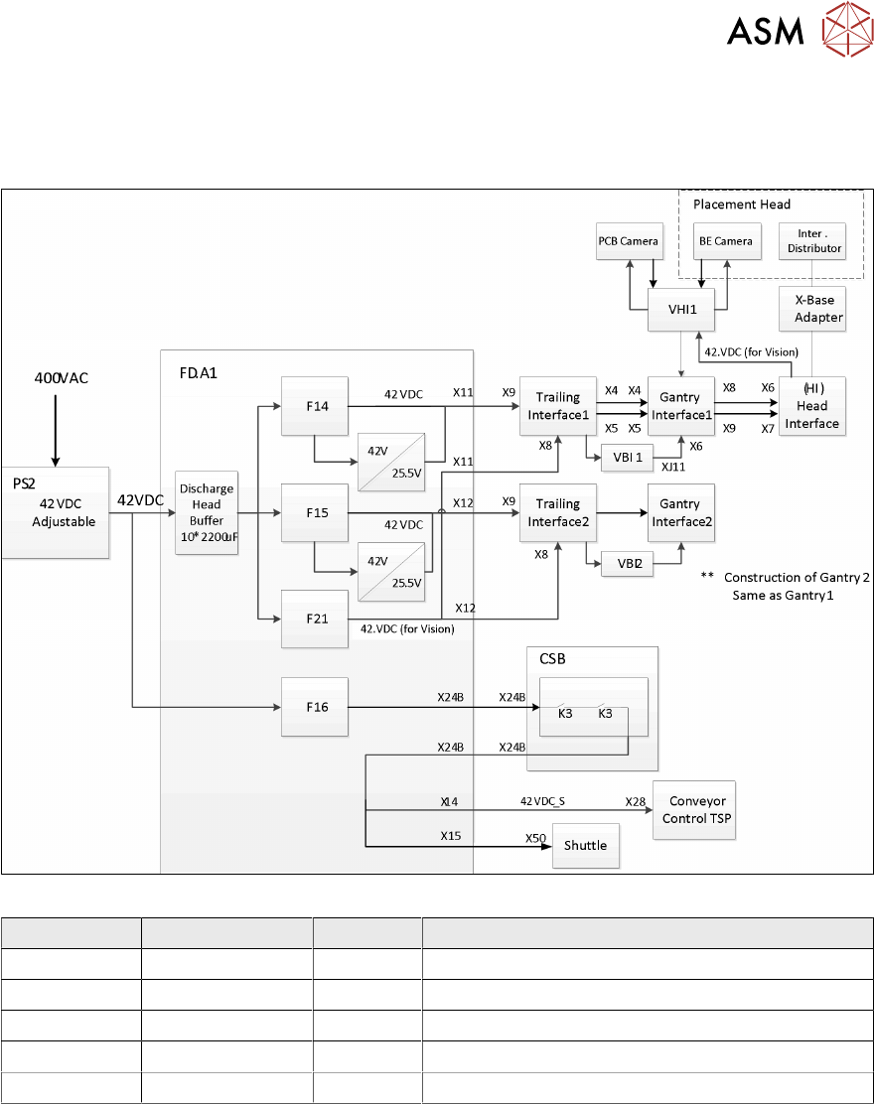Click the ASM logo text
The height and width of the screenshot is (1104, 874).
765,33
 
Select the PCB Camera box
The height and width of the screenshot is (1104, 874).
629,241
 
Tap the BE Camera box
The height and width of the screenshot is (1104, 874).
724,241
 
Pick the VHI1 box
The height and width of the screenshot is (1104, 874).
680,309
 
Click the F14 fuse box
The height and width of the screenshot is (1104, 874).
315,405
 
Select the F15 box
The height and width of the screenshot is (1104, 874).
315,512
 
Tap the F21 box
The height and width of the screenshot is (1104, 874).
315,619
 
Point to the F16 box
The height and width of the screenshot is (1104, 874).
315,707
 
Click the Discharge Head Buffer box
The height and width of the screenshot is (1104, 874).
207,512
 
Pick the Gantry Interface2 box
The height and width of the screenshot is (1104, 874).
680,512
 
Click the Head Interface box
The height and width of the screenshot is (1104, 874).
812,405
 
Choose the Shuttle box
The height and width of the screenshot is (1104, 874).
586,845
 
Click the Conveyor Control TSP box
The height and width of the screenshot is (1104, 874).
696,810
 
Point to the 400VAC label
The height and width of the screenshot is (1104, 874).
56,377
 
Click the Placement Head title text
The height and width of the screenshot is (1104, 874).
742,205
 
